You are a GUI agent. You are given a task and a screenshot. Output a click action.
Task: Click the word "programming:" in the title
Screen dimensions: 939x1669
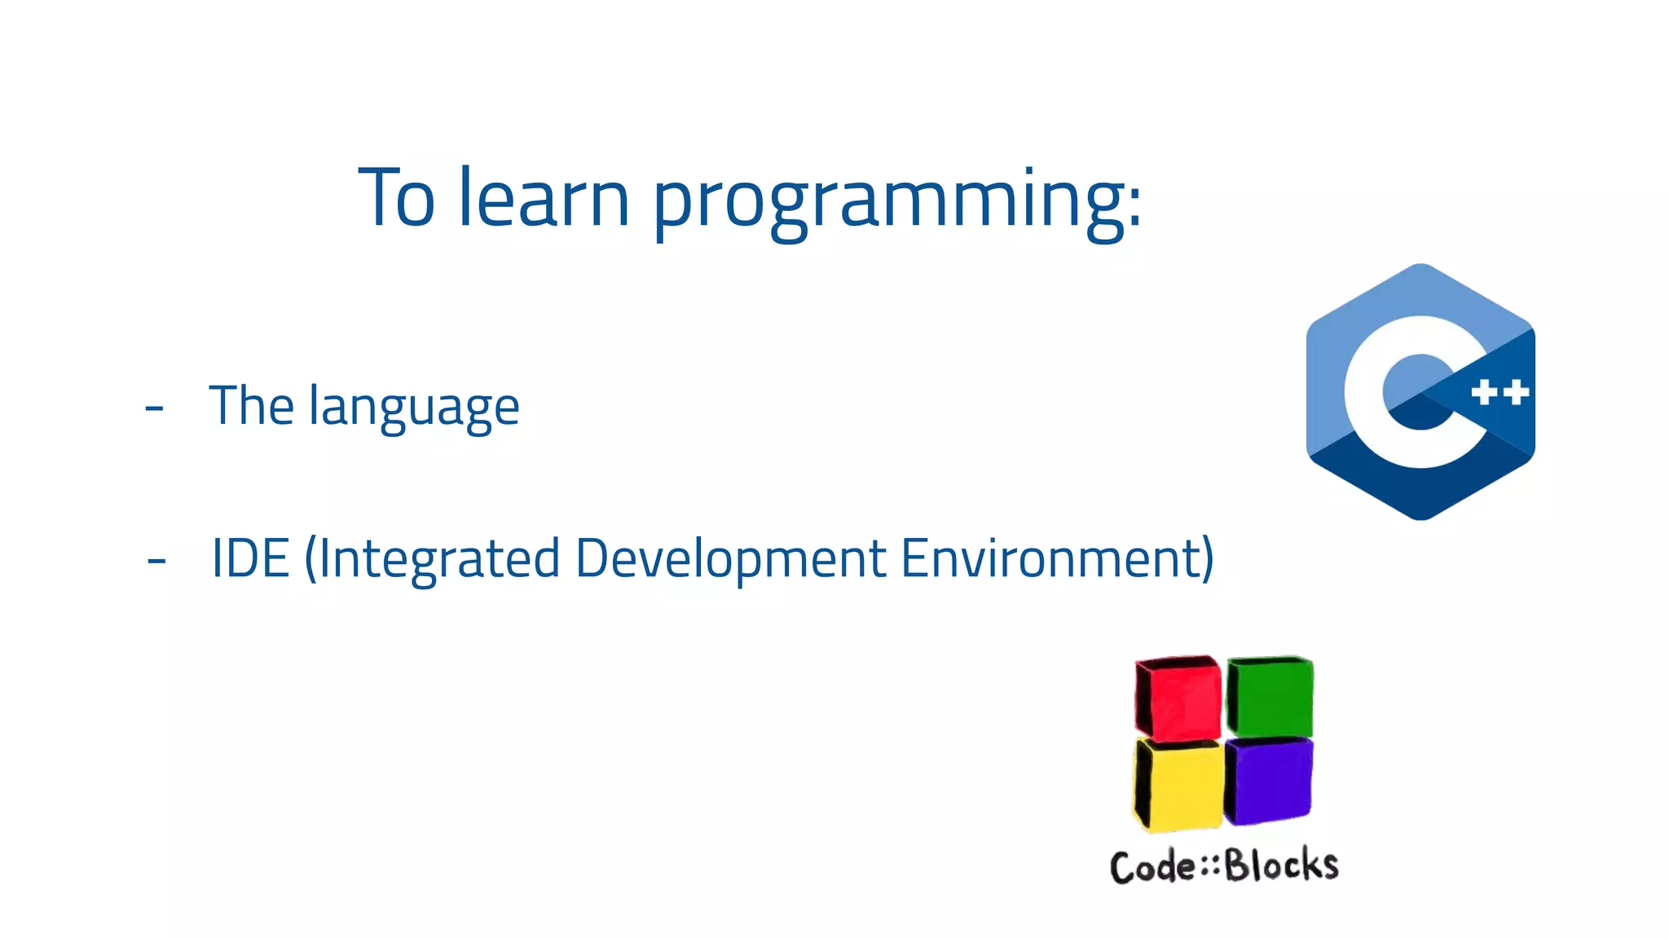coord(896,200)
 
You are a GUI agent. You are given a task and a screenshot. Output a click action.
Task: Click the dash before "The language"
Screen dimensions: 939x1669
coord(154,407)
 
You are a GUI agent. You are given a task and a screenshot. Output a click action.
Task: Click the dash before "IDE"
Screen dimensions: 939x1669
coord(156,560)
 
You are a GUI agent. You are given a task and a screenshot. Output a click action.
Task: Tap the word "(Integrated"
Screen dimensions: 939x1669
coord(432,560)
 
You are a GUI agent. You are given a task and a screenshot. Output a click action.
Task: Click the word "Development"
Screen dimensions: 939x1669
coord(730,560)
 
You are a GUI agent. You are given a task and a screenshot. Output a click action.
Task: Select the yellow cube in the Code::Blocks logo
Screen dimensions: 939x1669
coord(1180,785)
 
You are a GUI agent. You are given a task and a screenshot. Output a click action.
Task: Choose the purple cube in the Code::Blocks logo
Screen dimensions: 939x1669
coord(1270,781)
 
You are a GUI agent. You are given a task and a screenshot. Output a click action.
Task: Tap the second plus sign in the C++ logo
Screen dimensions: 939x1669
coord(1516,393)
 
